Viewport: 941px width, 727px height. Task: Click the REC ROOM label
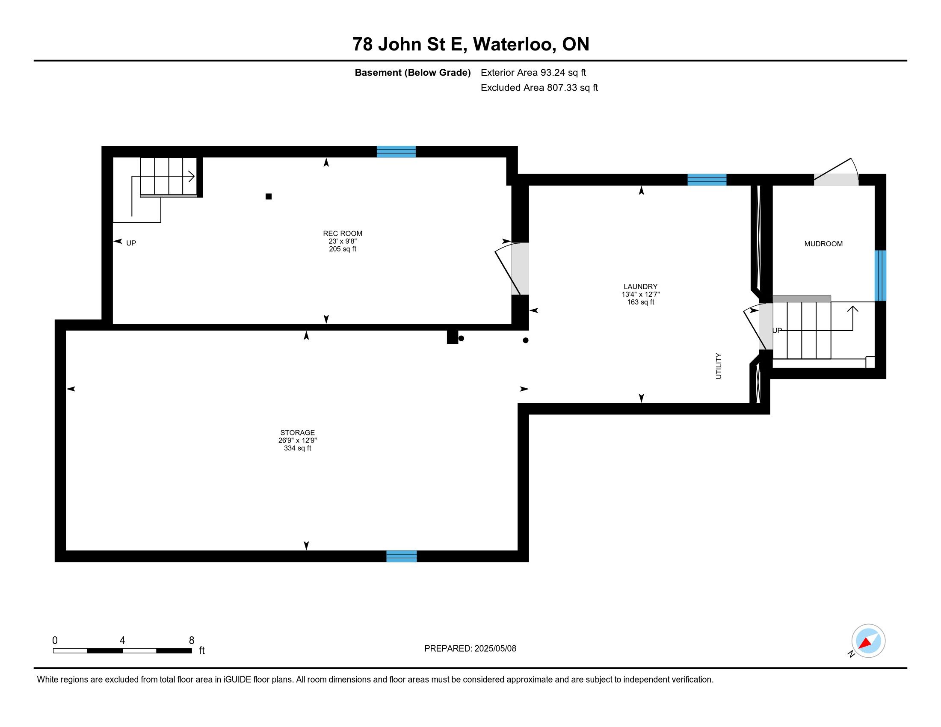click(x=343, y=233)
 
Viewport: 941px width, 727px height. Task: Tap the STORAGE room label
click(x=297, y=432)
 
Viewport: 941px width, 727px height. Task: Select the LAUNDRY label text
click(x=640, y=287)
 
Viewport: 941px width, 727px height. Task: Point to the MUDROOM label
click(x=823, y=244)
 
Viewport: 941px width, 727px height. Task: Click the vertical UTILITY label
click(x=718, y=366)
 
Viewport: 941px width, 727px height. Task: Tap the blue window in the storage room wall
click(x=402, y=556)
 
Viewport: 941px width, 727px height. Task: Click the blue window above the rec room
click(x=396, y=152)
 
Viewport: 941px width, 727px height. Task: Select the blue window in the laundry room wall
click(x=707, y=180)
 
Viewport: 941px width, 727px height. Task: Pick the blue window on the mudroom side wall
click(x=880, y=275)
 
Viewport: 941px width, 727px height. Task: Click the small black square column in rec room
click(x=269, y=196)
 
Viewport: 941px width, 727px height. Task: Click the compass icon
click(x=868, y=641)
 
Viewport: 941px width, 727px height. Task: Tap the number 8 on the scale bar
click(x=192, y=641)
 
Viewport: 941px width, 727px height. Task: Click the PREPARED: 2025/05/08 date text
click(x=470, y=648)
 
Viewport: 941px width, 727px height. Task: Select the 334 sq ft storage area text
click(x=297, y=448)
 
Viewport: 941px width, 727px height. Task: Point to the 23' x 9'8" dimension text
click(x=343, y=241)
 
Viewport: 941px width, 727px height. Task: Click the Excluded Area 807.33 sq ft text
click(x=539, y=88)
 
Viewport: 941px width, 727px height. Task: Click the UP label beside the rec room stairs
click(x=131, y=243)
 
